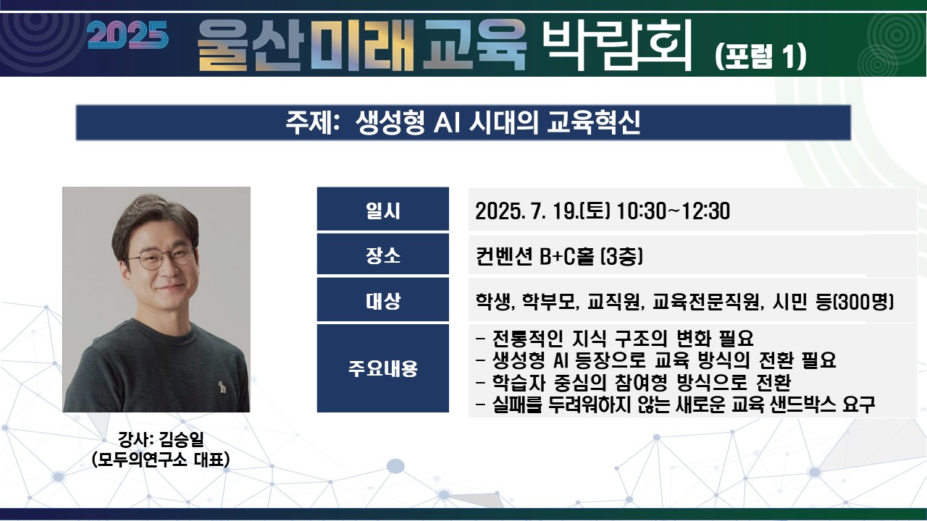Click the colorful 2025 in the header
click(128, 35)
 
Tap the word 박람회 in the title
click(617, 45)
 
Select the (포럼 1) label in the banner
click(760, 56)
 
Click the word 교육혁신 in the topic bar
click(593, 122)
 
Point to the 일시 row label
click(383, 210)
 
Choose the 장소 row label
click(383, 255)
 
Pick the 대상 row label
click(383, 300)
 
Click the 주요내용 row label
click(383, 368)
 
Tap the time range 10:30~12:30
click(674, 211)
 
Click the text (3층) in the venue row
click(621, 256)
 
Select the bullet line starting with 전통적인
click(615, 339)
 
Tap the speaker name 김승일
click(181, 439)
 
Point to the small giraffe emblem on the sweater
click(222, 387)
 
